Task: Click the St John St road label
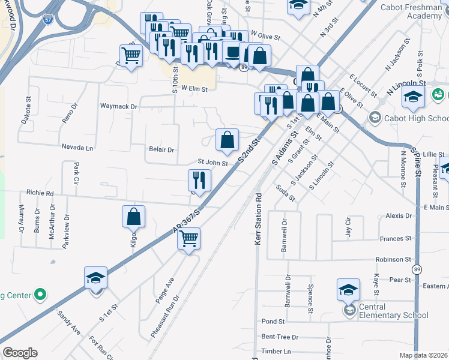pos(213,162)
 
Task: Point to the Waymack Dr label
pos(118,106)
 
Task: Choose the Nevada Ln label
pos(77,147)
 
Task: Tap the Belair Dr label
pos(161,149)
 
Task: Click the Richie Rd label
pos(40,193)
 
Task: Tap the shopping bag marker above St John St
pos(227,141)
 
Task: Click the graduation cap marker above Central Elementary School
pos(348,290)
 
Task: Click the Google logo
pos(20,353)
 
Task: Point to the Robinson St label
pos(393,260)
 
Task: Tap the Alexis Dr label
pos(399,216)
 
